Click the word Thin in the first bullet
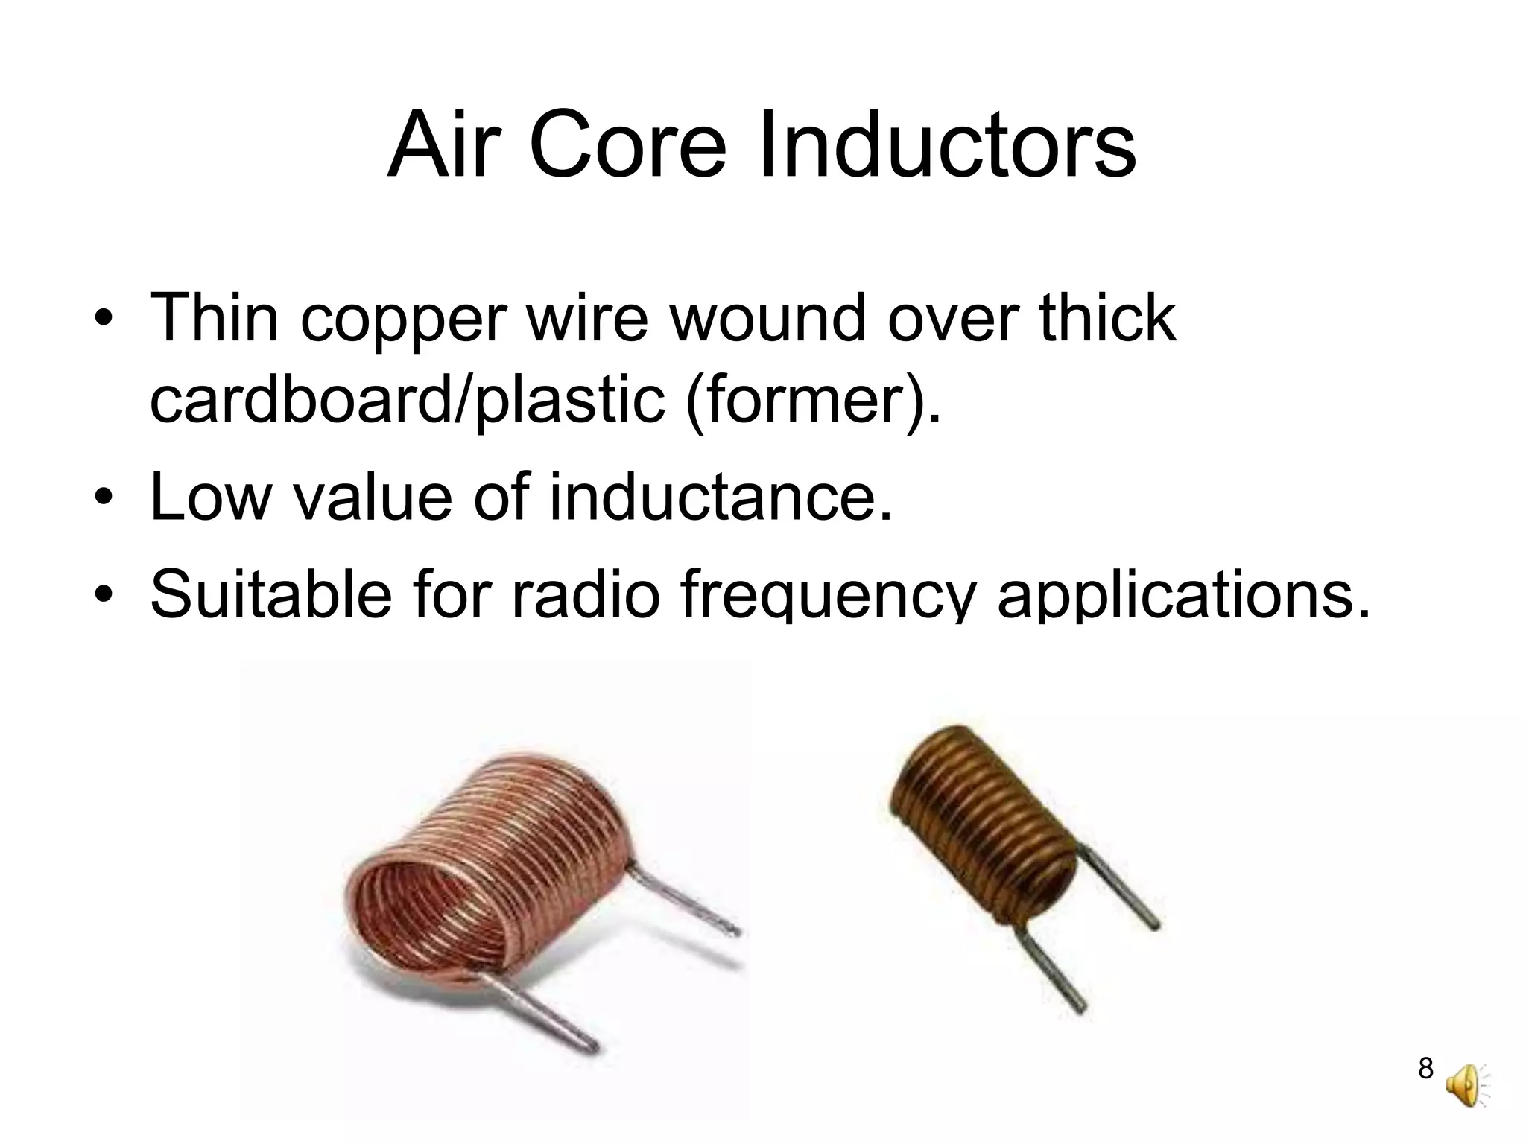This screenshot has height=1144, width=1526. pos(215,318)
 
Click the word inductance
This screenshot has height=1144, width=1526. pos(720,498)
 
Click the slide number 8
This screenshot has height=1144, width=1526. pos(1425,1068)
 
